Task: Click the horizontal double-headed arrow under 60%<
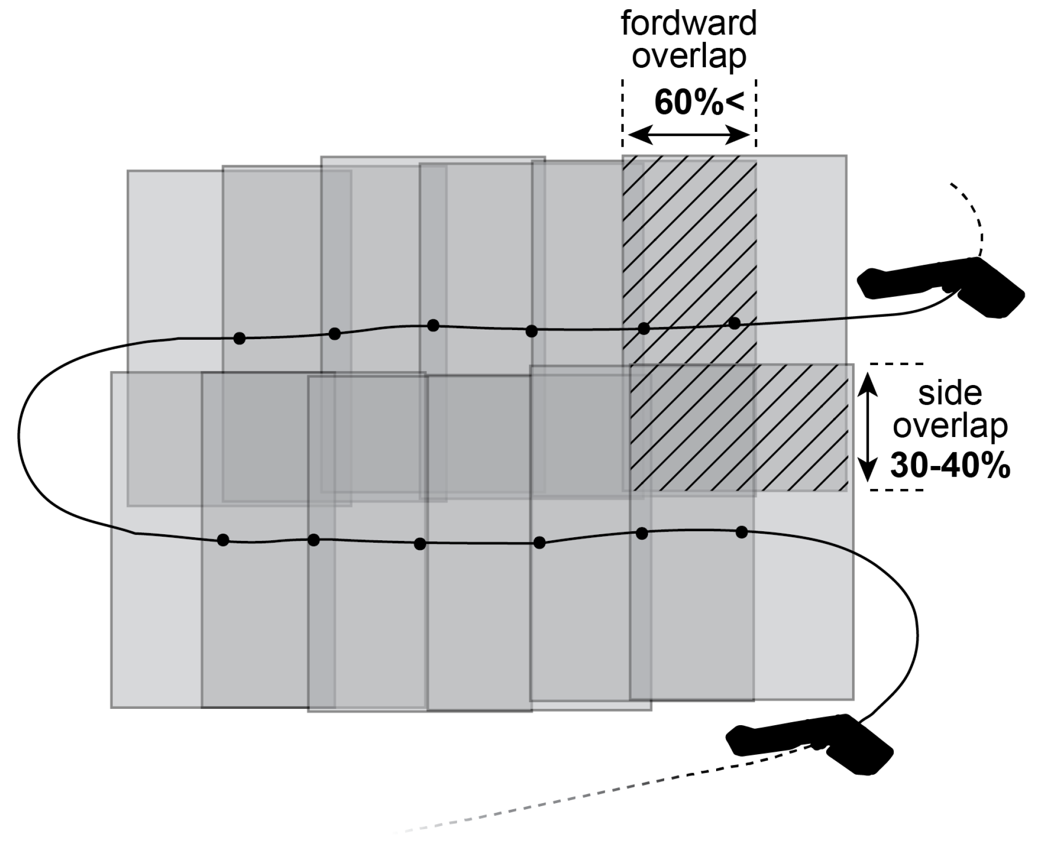(x=689, y=135)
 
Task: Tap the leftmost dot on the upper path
(x=239, y=338)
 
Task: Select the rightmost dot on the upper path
(x=734, y=322)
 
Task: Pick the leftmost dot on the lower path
(x=223, y=540)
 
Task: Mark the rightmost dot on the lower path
(x=742, y=532)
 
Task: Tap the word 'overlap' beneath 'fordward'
(x=689, y=57)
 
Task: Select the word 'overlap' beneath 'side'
(x=950, y=428)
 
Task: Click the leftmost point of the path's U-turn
(x=19, y=435)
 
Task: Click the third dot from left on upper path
(x=433, y=325)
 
